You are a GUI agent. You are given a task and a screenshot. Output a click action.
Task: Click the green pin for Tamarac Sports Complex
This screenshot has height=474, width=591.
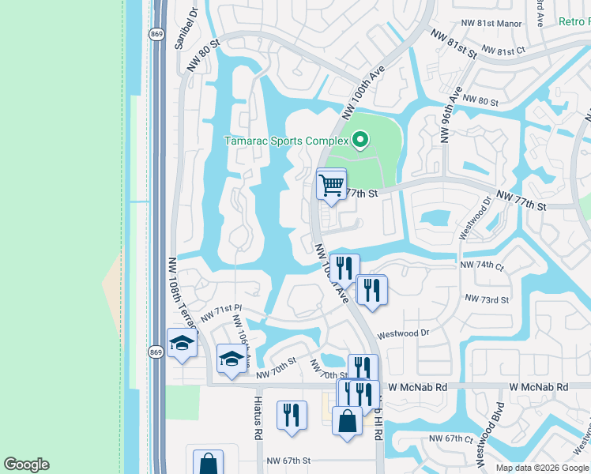click(360, 141)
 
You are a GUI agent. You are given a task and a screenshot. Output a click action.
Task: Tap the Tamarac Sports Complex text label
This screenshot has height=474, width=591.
click(286, 141)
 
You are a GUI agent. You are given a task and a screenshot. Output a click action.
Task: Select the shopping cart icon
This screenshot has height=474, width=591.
click(331, 185)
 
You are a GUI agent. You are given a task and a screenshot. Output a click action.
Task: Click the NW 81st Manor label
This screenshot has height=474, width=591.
click(488, 24)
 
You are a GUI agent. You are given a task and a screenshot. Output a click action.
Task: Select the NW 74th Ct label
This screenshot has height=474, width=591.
click(482, 266)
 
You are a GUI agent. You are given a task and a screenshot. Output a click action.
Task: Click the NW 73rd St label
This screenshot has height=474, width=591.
click(487, 299)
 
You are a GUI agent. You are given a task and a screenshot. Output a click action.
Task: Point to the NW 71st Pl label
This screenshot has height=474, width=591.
click(220, 312)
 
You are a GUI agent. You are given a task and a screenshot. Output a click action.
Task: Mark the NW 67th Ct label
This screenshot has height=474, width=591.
click(450, 438)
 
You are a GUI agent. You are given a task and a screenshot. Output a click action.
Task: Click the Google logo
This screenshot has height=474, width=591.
click(26, 465)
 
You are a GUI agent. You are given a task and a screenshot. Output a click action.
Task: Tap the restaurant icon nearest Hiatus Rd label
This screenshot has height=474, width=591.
click(292, 414)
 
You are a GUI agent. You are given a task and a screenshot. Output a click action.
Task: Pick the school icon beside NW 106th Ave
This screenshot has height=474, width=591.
click(231, 359)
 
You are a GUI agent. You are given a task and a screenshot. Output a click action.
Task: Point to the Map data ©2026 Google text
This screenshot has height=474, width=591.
click(541, 468)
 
